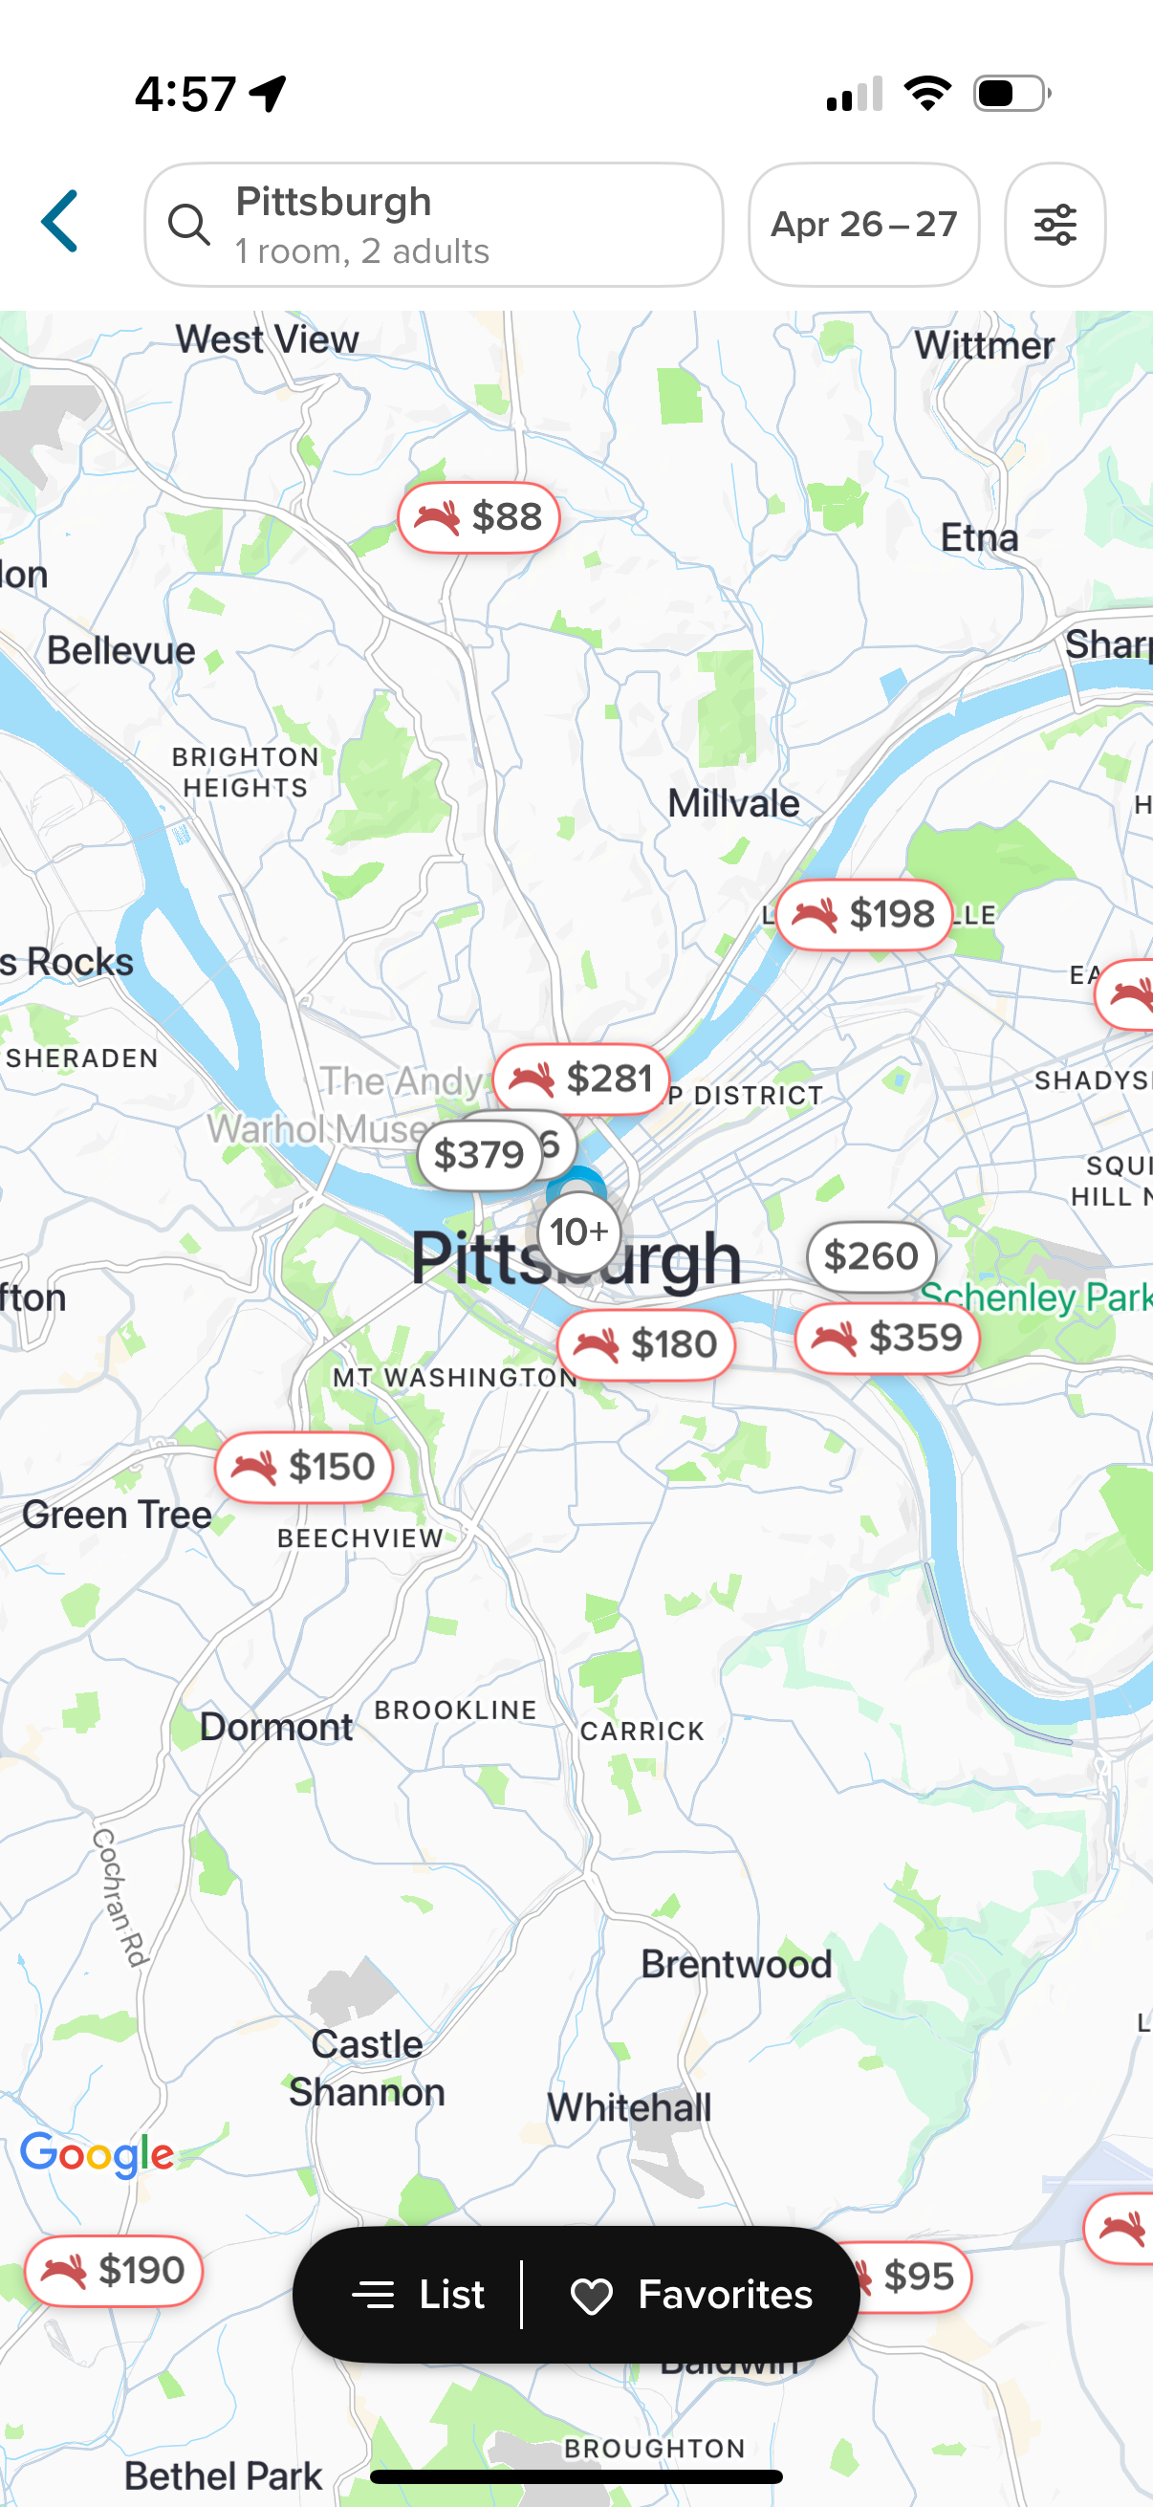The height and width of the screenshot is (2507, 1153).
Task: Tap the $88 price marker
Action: pyautogui.click(x=478, y=516)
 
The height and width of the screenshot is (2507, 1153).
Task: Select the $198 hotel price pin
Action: pyautogui.click(x=863, y=914)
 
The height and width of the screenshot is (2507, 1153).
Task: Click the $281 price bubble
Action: pyautogui.click(x=581, y=1079)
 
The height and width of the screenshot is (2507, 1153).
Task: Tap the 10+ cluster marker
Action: pyautogui.click(x=579, y=1232)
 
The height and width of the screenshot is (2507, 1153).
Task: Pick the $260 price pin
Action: pyautogui.click(x=870, y=1255)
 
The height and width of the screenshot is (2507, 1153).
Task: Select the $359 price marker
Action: pyautogui.click(x=886, y=1338)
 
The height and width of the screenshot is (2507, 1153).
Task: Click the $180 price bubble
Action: pyautogui.click(x=645, y=1344)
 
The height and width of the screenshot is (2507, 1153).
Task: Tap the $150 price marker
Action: pyautogui.click(x=304, y=1467)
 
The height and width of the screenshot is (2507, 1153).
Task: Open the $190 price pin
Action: pyautogui.click(x=114, y=2271)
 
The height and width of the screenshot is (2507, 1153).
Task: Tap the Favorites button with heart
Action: pyautogui.click(x=691, y=2295)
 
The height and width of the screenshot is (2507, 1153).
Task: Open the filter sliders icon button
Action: pyautogui.click(x=1054, y=225)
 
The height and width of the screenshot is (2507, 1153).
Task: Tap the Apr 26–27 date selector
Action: pyautogui.click(x=863, y=225)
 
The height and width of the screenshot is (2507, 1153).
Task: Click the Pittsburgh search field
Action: pyautogui.click(x=433, y=225)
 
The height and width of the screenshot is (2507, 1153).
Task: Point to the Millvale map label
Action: pyautogui.click(x=732, y=804)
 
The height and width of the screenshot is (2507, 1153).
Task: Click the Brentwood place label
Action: pyautogui.click(x=735, y=1964)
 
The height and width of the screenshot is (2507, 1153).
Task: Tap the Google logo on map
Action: pyautogui.click(x=98, y=2154)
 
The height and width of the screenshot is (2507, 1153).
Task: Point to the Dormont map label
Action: pyautogui.click(x=275, y=1728)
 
